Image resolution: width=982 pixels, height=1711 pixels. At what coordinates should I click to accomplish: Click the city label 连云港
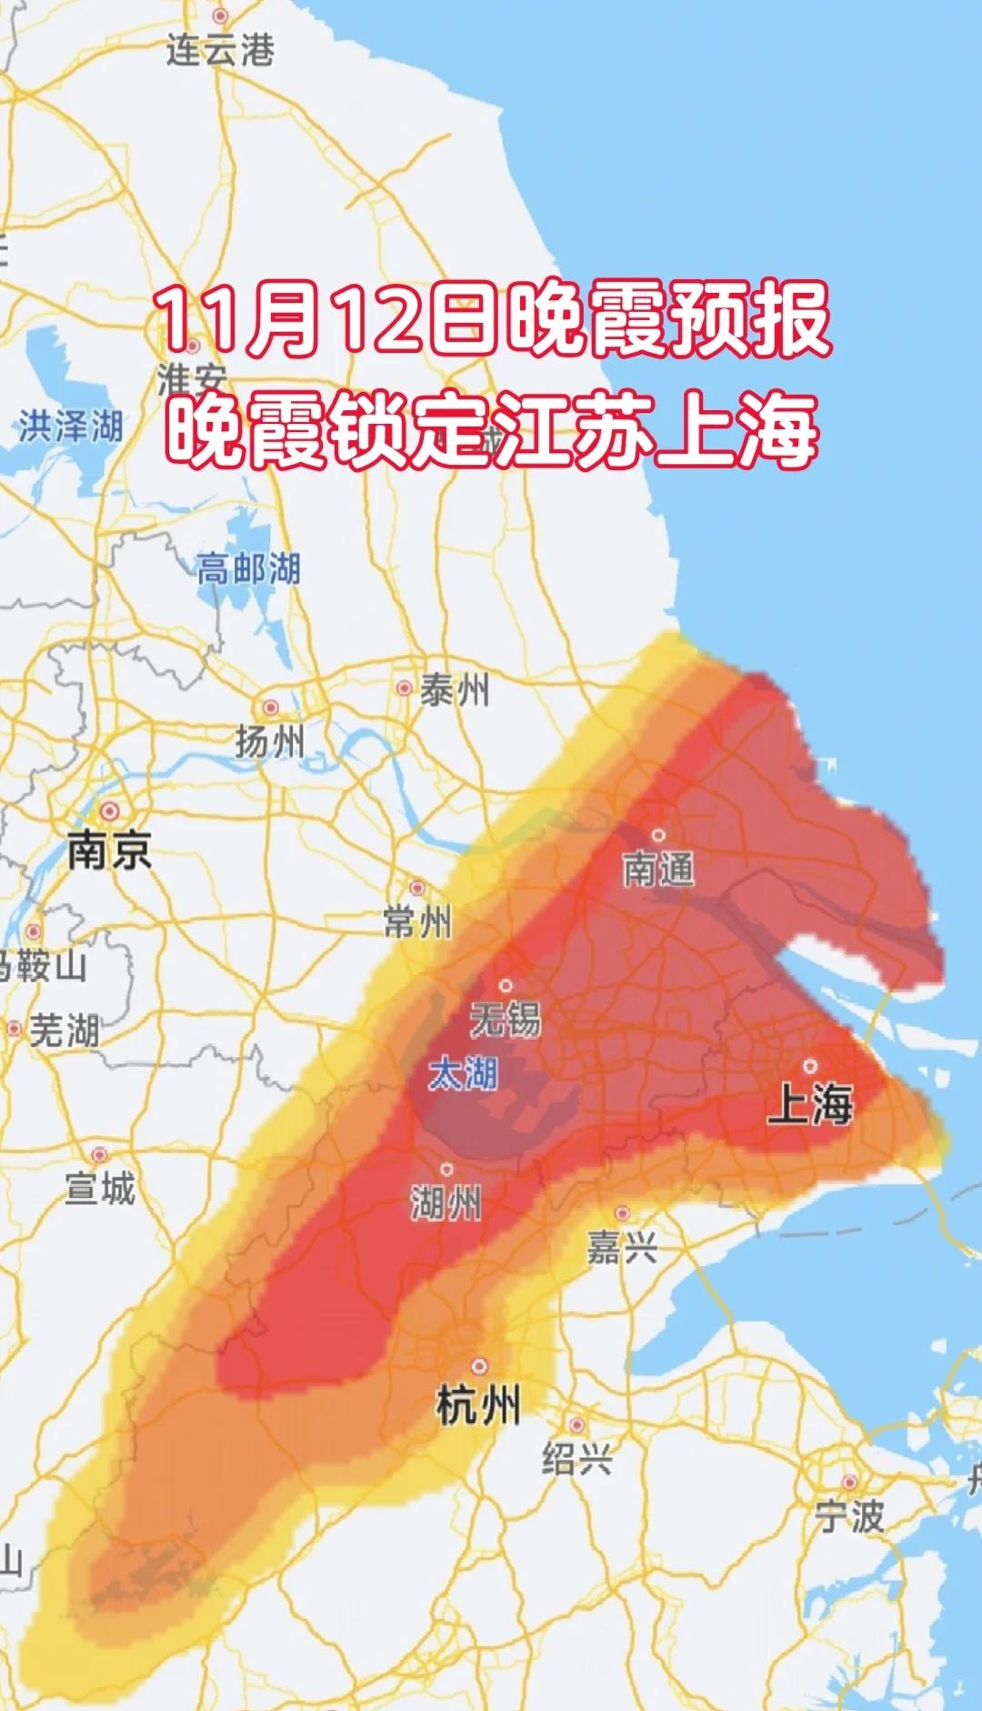pos(219,49)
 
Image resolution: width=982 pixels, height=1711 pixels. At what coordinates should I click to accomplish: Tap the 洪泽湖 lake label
pos(70,427)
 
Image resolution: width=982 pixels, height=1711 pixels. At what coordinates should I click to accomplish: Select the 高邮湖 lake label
pos(248,570)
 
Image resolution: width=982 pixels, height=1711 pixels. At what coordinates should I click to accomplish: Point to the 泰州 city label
pos(454,691)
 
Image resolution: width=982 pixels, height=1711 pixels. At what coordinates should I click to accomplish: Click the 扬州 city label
pos(270,742)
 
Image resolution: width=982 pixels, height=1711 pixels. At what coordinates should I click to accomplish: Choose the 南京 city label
pos(109,851)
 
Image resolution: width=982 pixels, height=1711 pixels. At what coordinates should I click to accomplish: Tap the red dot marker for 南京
pos(110,810)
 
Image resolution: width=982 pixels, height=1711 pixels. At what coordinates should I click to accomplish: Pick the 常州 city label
pos(417,922)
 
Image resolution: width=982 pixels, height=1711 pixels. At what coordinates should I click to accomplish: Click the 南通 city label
pos(658,870)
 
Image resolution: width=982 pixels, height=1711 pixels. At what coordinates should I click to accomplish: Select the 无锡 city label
pos(506,1020)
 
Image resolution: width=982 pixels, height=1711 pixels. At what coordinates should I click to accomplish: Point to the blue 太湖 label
pos(464,1074)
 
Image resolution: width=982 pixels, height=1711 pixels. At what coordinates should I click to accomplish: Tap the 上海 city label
pos(810,1105)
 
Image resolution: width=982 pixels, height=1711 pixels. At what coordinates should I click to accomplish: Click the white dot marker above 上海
pos(809,1066)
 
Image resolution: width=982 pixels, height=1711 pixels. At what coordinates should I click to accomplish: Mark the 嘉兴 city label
pos(622,1248)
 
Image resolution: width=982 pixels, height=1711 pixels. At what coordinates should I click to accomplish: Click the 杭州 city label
pos(479,1406)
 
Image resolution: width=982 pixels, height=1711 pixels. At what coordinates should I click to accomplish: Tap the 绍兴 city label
pos(576,1460)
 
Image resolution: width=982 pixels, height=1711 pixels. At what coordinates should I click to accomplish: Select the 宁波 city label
pos(848,1516)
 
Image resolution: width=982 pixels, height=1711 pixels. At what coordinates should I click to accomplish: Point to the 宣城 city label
pos(100,1189)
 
